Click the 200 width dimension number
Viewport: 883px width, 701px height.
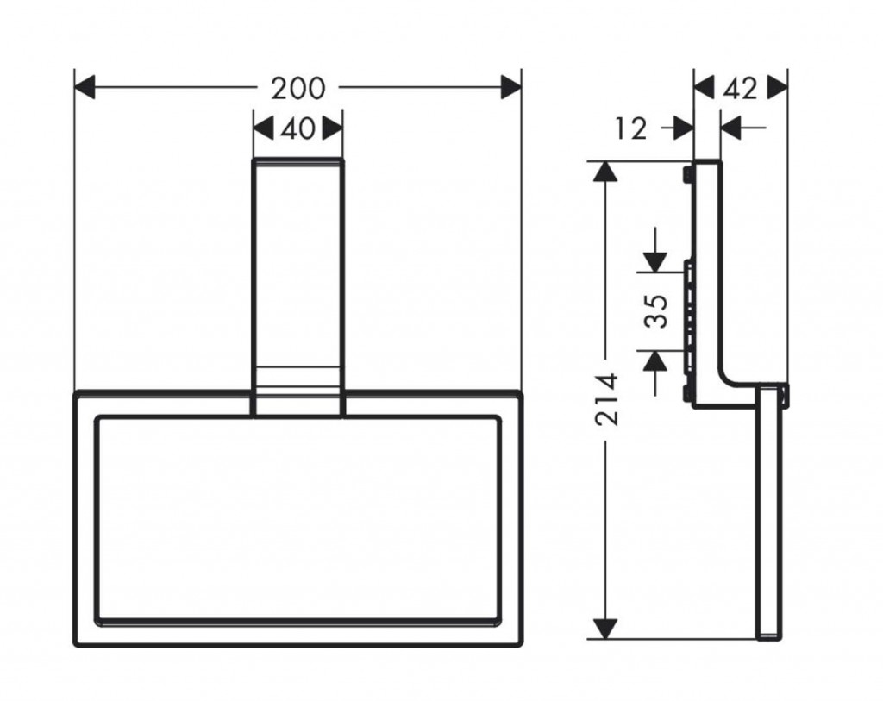(298, 88)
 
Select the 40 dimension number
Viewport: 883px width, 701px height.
(297, 129)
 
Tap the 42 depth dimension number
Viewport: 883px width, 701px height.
(741, 87)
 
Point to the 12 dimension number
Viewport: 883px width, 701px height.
(632, 128)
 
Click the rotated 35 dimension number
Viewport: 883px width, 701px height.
(657, 311)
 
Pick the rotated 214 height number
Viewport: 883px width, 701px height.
(609, 399)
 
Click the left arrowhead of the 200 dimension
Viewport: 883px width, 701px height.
(85, 87)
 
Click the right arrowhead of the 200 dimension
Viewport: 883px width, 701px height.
(511, 87)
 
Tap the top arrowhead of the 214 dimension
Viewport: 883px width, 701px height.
(609, 170)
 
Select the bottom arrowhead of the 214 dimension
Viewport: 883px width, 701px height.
(609, 629)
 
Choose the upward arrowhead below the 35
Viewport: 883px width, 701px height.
(655, 361)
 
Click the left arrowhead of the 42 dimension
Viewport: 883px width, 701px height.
(705, 87)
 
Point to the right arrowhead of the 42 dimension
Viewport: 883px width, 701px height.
(778, 87)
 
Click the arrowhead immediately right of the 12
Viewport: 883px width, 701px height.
(684, 128)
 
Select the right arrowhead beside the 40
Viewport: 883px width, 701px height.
(333, 129)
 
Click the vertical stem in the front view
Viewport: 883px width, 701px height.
(297, 276)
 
